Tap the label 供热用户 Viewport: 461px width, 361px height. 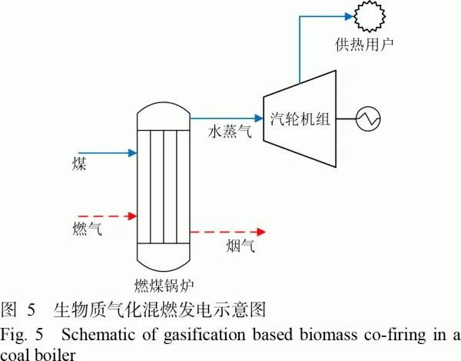(x=364, y=45)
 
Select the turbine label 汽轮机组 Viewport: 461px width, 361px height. (x=300, y=119)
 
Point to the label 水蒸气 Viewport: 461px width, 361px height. (x=230, y=131)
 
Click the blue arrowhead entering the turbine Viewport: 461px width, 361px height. (x=259, y=119)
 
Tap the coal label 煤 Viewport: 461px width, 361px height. (x=79, y=164)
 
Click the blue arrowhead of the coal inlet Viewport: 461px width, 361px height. (x=133, y=153)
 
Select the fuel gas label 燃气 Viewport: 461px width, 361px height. (x=88, y=228)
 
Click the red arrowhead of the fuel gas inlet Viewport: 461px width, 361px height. (x=133, y=216)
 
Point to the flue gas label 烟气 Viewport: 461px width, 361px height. (x=240, y=246)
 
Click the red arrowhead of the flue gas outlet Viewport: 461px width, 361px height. (x=261, y=232)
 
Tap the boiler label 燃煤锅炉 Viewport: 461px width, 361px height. (x=164, y=285)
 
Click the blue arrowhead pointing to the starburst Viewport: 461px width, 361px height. (x=349, y=16)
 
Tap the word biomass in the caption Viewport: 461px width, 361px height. (x=328, y=335)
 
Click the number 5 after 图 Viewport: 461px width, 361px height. (x=32, y=310)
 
